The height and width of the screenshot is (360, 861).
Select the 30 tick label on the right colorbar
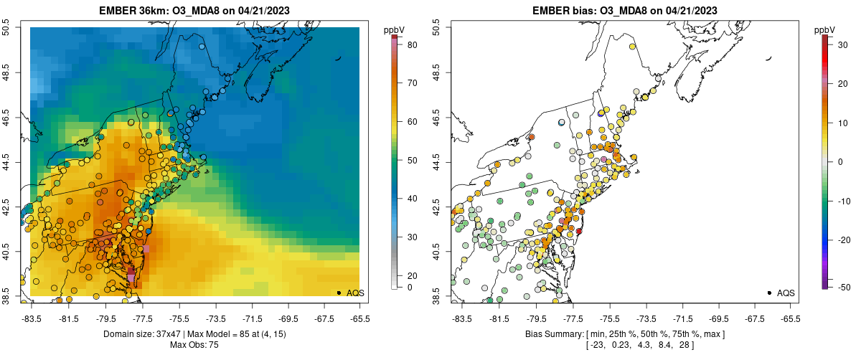844,44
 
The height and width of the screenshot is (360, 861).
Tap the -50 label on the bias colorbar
844,287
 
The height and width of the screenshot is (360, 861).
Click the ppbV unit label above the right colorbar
825,29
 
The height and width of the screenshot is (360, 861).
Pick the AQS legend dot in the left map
338,293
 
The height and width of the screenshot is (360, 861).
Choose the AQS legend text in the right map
786,293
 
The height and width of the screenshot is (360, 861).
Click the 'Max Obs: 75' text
194,345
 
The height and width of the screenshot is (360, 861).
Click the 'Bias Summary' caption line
624,333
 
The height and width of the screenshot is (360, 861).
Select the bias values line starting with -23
624,345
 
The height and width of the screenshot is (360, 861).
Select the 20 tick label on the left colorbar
413,275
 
